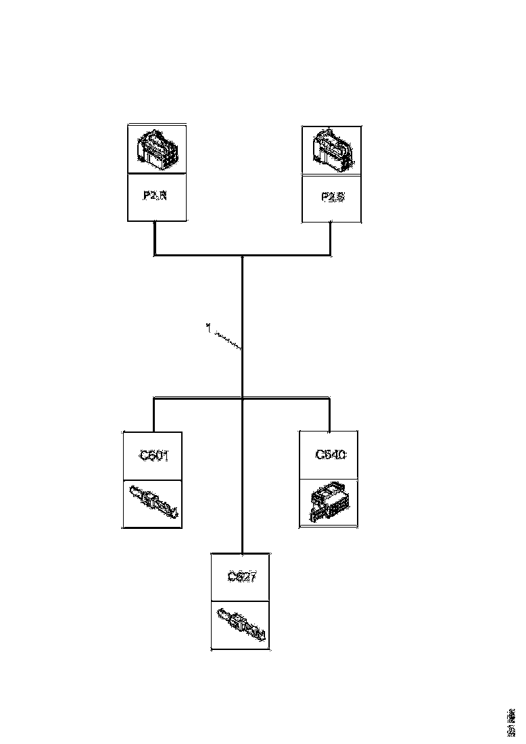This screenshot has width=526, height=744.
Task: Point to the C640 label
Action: coord(331,455)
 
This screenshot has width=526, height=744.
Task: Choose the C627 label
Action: coord(241,577)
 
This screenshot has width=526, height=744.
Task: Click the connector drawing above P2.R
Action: coord(157,148)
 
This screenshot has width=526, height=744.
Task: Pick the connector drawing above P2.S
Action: coord(331,149)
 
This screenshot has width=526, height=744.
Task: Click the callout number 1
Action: coord(208,327)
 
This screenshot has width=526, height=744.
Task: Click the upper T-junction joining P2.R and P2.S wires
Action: coord(242,256)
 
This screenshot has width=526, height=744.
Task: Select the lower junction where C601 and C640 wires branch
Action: coord(242,398)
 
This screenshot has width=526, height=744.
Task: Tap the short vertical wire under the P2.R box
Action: coord(155,237)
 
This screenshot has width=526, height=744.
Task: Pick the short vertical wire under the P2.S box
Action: coord(331,238)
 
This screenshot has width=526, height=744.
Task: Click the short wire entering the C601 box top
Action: coord(154,415)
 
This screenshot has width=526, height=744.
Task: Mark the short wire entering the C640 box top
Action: coord(330,415)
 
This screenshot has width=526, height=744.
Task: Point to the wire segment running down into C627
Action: coord(242,487)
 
